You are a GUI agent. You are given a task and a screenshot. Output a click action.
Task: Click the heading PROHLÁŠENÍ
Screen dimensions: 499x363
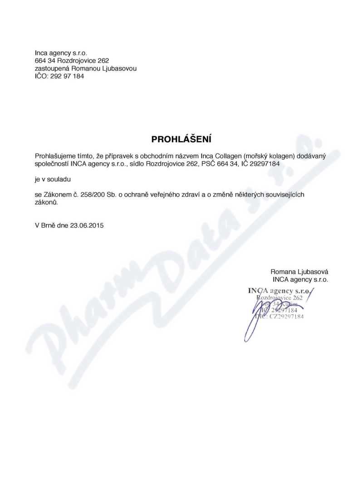coord(181,139)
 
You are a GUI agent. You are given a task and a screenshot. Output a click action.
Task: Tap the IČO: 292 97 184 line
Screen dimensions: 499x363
coord(59,76)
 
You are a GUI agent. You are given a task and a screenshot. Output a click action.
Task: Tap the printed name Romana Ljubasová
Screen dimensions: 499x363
coord(299,272)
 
